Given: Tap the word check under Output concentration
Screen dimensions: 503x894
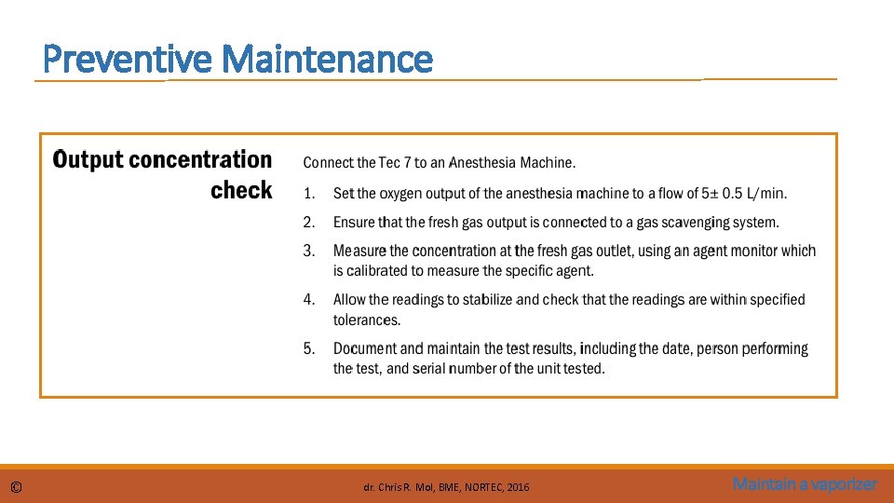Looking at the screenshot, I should click(x=241, y=191).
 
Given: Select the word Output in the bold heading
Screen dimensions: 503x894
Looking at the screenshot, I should click(x=88, y=160).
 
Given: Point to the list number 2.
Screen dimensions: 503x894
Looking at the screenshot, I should click(x=310, y=223).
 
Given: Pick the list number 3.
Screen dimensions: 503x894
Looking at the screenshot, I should click(x=310, y=251).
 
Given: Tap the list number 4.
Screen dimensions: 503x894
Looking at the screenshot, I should click(x=310, y=300).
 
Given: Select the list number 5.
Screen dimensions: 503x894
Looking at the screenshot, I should click(x=310, y=348).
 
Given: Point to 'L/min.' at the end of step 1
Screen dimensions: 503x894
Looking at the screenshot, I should click(x=767, y=194).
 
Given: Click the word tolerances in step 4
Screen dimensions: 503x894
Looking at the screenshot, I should click(x=366, y=320).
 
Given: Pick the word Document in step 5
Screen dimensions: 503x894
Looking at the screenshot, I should click(x=365, y=348).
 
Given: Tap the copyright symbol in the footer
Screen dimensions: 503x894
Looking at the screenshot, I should click(x=17, y=487).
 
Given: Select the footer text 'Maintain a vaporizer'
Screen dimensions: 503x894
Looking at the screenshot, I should click(x=805, y=484).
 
